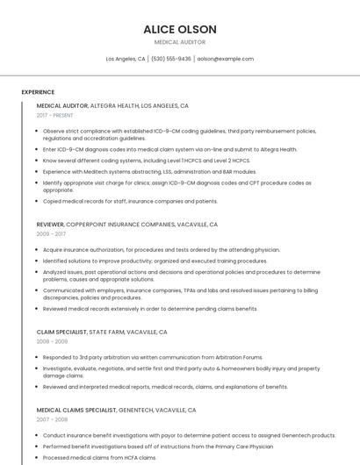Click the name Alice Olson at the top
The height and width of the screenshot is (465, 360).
click(x=180, y=29)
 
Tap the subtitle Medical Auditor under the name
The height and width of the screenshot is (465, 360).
click(x=180, y=42)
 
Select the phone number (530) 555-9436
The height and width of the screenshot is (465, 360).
click(x=170, y=59)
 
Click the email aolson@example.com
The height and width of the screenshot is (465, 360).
click(x=226, y=59)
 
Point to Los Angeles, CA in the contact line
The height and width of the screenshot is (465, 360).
click(x=126, y=59)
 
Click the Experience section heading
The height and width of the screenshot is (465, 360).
click(x=38, y=92)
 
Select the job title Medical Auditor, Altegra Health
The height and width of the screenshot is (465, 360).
click(x=112, y=105)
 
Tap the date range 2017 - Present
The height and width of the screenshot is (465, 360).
click(x=55, y=116)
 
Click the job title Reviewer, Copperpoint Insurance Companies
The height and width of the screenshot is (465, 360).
click(x=127, y=225)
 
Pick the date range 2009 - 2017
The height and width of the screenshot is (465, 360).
click(x=51, y=235)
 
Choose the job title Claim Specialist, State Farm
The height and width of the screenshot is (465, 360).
click(x=102, y=333)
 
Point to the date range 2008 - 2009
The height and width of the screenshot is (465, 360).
click(x=52, y=343)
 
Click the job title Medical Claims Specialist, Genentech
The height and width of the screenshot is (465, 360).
click(x=116, y=410)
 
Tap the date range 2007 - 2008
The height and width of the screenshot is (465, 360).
click(x=52, y=420)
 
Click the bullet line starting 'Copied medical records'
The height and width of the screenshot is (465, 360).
click(x=130, y=201)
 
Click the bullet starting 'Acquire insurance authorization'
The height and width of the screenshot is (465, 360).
click(x=161, y=250)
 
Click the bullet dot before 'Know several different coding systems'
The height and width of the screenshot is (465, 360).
click(x=37, y=161)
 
